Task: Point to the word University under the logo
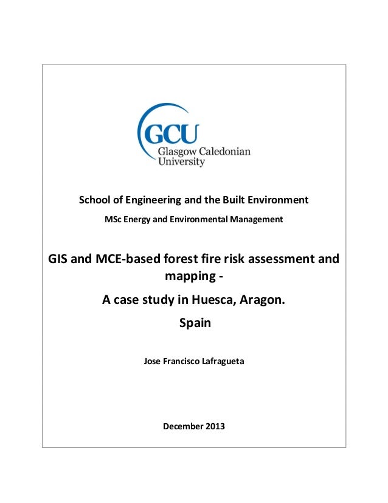pos(181,162)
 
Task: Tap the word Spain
pos(195,323)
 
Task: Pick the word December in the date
pos(182,426)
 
